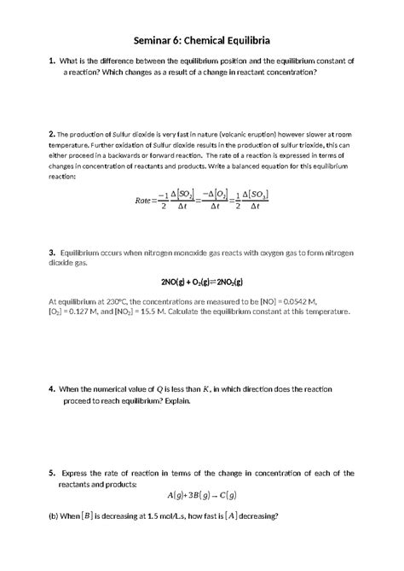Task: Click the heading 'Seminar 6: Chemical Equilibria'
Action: (x=202, y=40)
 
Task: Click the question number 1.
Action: (x=52, y=61)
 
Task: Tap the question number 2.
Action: (x=52, y=135)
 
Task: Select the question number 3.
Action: (x=52, y=253)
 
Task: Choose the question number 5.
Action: (x=52, y=472)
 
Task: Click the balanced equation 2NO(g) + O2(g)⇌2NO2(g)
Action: (x=202, y=283)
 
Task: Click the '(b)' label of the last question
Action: (x=55, y=516)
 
